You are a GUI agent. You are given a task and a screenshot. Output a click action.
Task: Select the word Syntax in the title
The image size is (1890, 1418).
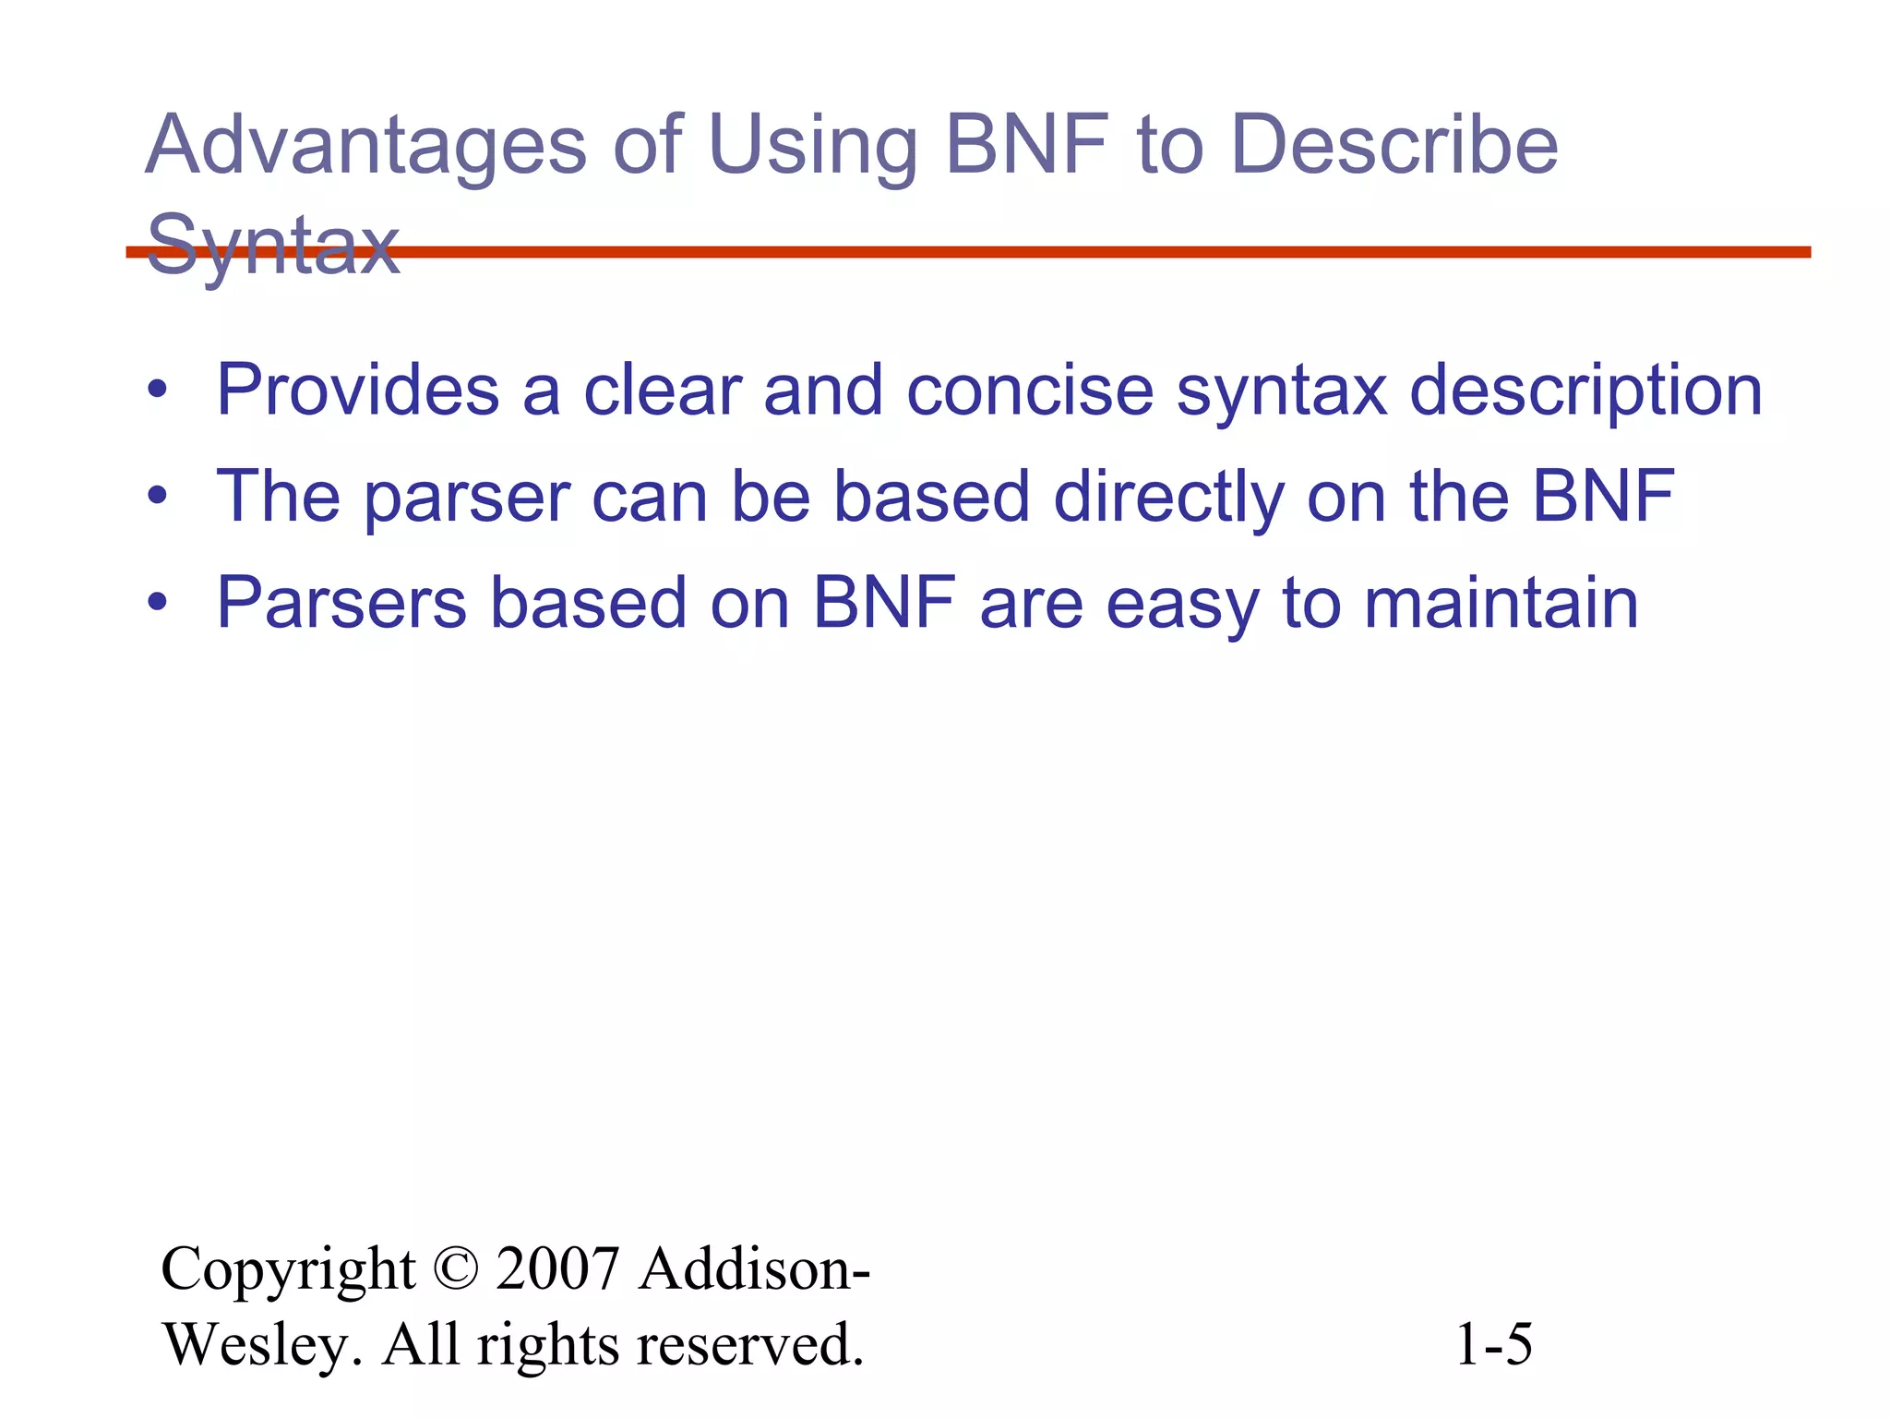(273, 245)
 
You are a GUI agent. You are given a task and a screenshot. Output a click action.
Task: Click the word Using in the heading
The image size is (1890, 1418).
(812, 148)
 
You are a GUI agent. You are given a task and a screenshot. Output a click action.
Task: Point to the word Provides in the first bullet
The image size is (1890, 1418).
(357, 391)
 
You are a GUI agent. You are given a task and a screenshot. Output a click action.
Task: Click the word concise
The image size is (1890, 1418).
(1030, 391)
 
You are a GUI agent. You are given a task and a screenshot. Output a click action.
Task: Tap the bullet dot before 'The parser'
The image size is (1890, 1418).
(158, 497)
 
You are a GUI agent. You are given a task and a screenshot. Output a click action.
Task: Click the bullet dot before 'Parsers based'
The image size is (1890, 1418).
(158, 603)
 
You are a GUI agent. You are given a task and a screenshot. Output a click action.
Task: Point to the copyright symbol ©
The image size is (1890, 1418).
(455, 1268)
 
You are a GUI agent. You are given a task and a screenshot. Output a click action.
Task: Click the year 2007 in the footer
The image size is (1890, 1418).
(556, 1268)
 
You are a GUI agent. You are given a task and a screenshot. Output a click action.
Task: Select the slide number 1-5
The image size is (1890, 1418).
(1493, 1344)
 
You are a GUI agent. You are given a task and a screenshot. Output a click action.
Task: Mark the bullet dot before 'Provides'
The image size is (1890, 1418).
(158, 390)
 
